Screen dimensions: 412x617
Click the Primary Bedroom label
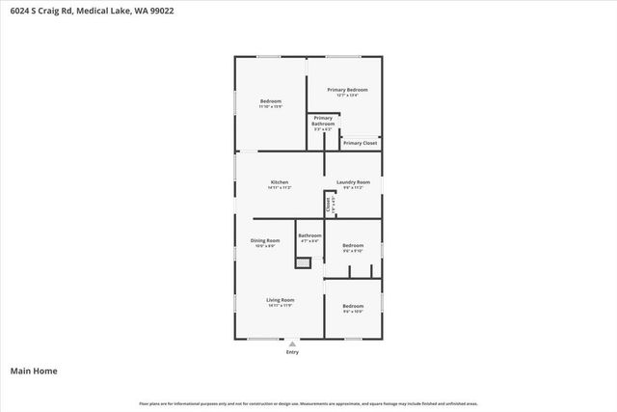click(x=347, y=90)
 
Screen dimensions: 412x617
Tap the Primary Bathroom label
click(x=323, y=121)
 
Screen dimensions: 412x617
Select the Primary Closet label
click(x=360, y=143)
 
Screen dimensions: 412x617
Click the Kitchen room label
click(x=280, y=182)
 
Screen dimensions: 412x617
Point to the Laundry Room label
click(x=353, y=182)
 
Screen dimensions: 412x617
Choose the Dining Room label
click(x=266, y=240)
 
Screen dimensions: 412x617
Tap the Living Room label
click(x=281, y=300)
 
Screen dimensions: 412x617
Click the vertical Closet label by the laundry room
click(x=329, y=204)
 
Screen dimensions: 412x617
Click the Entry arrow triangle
click(x=292, y=343)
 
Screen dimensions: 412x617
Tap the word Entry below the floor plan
click(x=292, y=352)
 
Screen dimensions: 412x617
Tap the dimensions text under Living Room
click(x=281, y=306)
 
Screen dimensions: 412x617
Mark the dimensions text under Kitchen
click(x=280, y=187)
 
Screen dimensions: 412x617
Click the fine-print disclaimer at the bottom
click(x=308, y=403)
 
